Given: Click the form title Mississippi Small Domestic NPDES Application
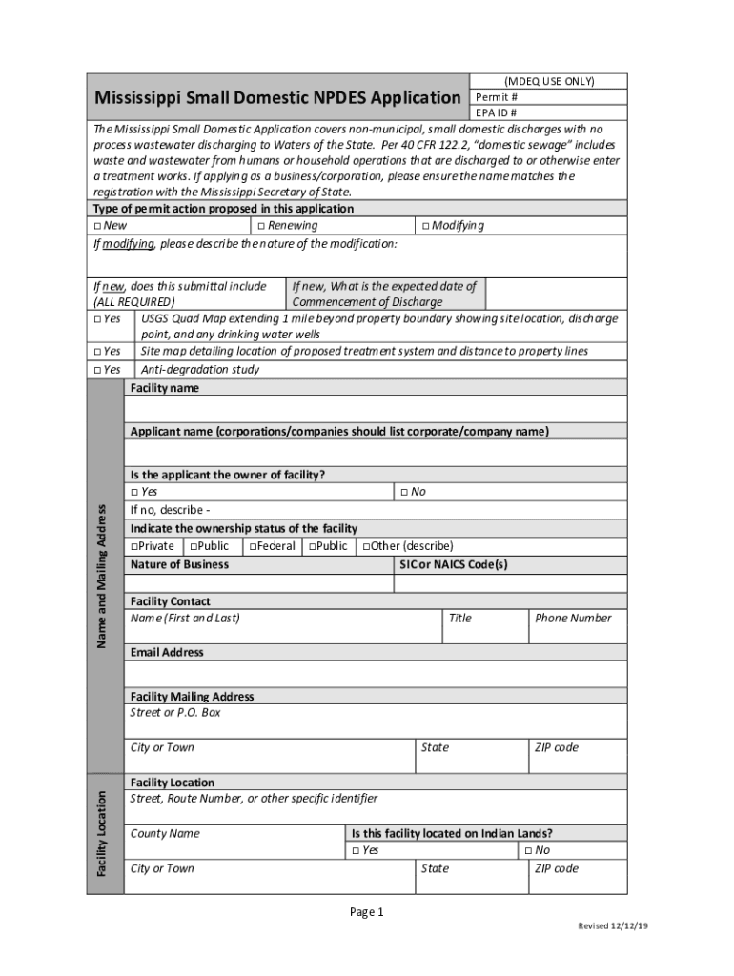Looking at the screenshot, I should (276, 98).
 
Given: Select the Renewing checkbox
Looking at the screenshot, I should (260, 226).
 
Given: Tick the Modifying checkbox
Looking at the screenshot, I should (424, 226).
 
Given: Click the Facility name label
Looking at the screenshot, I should (165, 388).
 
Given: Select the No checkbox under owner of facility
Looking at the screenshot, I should (403, 492).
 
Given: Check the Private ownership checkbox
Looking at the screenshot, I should (134, 547).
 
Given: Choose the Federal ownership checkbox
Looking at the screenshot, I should (253, 547).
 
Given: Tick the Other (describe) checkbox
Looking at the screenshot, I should (364, 547).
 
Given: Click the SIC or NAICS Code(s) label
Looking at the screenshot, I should (454, 564).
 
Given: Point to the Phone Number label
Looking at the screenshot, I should (573, 618).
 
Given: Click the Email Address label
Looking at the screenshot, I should (167, 652).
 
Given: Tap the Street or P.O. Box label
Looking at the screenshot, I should (175, 712).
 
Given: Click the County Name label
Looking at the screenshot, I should (165, 833).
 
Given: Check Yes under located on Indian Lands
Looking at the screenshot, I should (355, 850).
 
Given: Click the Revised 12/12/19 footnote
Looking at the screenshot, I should (613, 926).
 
